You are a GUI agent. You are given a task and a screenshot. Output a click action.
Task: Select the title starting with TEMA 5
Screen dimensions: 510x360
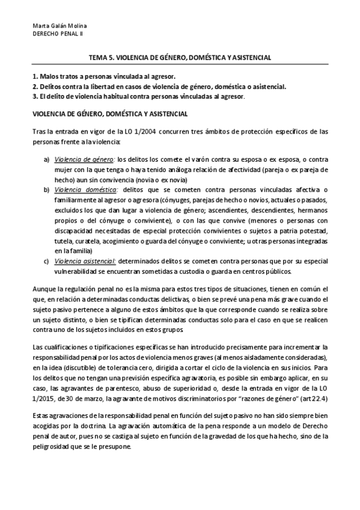click(x=180, y=58)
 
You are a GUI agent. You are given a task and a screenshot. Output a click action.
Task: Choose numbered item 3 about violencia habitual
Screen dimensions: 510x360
click(x=138, y=96)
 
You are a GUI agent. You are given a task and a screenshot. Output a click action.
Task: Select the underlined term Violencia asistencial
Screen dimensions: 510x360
click(x=85, y=261)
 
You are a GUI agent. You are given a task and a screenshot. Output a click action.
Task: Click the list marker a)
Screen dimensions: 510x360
click(x=46, y=160)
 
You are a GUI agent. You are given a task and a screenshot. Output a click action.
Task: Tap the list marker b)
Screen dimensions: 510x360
click(x=46, y=189)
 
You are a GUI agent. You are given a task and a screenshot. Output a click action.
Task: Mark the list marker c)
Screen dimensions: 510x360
click(x=46, y=261)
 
